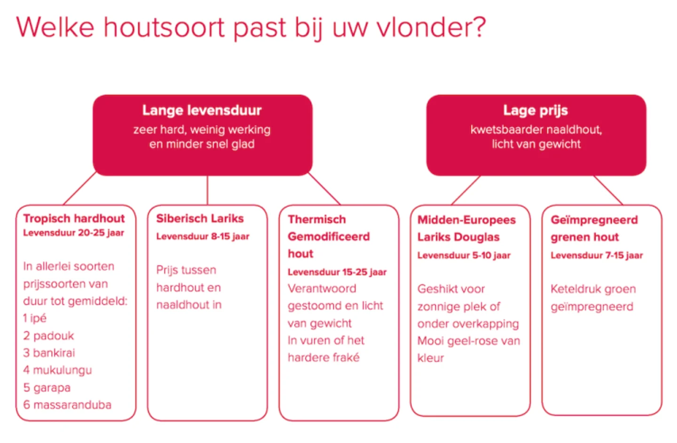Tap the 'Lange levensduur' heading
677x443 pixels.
202,110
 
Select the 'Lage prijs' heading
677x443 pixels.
535,110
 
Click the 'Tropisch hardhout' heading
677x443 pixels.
74,218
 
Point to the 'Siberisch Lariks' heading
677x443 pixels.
200,218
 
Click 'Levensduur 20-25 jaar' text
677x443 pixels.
73,233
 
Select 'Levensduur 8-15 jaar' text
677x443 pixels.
203,236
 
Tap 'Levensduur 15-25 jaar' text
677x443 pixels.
337,272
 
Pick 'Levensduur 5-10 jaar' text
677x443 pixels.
464,256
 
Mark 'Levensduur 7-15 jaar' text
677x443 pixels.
596,256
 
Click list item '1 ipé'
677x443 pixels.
35,318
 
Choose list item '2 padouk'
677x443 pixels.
48,335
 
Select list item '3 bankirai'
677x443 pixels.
49,353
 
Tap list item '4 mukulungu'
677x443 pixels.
57,370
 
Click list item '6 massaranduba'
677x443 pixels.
67,405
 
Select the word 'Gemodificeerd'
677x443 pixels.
329,236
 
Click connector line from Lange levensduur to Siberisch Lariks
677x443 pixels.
207,190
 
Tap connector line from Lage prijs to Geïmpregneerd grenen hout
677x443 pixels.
608,190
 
